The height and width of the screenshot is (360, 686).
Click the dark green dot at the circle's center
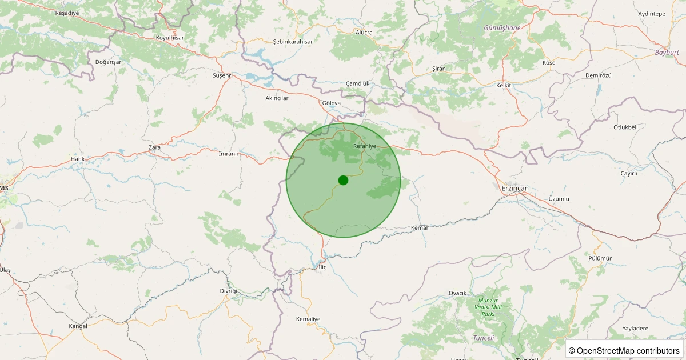[343, 180]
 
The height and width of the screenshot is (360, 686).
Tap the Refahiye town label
[365, 146]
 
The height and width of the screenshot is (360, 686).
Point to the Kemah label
[420, 227]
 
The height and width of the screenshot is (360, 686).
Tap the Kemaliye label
[308, 319]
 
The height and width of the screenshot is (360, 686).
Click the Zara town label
[154, 147]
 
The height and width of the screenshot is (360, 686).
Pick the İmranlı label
[228, 154]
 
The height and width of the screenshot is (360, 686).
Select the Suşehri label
[222, 75]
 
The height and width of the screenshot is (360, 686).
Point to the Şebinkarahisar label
[293, 42]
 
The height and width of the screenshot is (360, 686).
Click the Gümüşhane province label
[502, 27]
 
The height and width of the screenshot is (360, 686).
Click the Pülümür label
[600, 258]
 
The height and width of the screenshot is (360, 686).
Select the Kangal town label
[78, 326]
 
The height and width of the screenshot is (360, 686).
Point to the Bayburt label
[667, 53]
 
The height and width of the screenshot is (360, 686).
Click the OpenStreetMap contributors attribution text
[624, 350]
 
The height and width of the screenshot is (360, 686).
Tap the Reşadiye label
[67, 13]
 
